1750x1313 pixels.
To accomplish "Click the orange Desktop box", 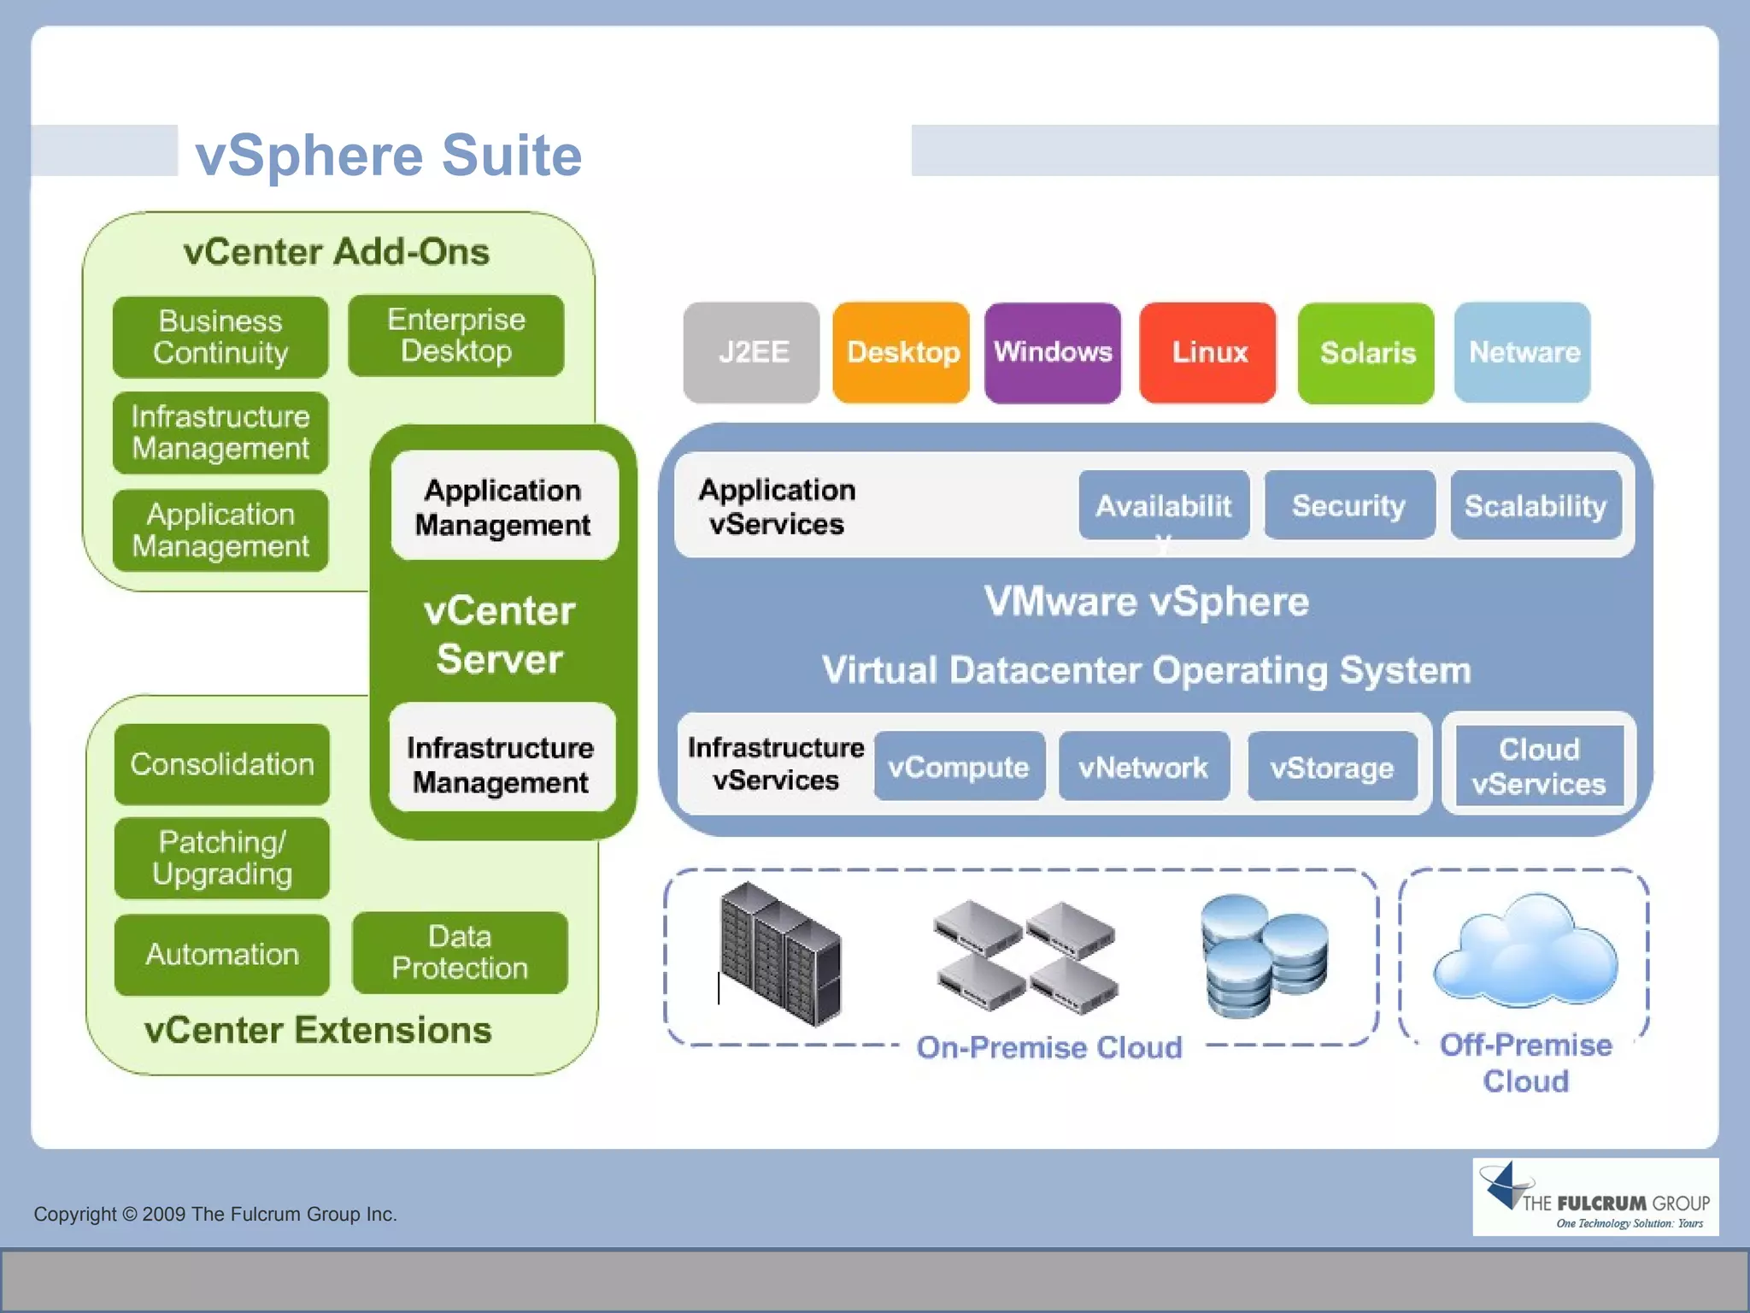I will pyautogui.click(x=901, y=352).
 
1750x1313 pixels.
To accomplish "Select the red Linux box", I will pyautogui.click(x=1207, y=352).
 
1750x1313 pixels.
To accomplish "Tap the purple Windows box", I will pyautogui.click(x=1052, y=352).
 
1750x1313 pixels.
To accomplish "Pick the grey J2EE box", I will pyautogui.click(x=751, y=352).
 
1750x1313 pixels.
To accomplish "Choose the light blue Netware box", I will pyautogui.click(x=1523, y=352).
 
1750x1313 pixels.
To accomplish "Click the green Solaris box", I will pyautogui.click(x=1365, y=352).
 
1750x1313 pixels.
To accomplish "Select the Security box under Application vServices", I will pyautogui.click(x=1348, y=505).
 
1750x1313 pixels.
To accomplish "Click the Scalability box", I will pyautogui.click(x=1536, y=505).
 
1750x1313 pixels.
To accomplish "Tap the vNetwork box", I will pyautogui.click(x=1143, y=767).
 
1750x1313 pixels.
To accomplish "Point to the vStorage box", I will pyautogui.click(x=1331, y=767).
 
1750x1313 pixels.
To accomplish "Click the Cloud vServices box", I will pyautogui.click(x=1538, y=766).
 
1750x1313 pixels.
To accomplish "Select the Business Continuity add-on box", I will pyautogui.click(x=220, y=337).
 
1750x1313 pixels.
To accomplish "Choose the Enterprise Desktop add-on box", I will pyautogui.click(x=455, y=335).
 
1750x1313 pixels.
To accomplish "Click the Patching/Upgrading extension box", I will pyautogui.click(x=222, y=857).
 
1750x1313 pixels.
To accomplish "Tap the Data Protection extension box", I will pyautogui.click(x=460, y=952).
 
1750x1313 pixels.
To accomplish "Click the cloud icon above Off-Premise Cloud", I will pyautogui.click(x=1525, y=949).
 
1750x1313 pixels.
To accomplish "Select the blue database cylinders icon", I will pyautogui.click(x=1263, y=956).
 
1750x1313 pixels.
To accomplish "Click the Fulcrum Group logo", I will pyautogui.click(x=1594, y=1197).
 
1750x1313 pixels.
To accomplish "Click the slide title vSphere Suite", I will pyautogui.click(x=389, y=156).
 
